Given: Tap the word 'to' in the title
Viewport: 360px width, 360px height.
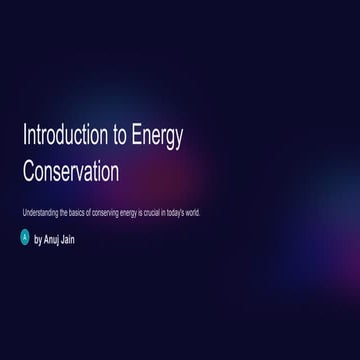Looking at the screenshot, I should click(116, 137).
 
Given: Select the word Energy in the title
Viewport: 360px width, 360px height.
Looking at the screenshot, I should click(156, 138).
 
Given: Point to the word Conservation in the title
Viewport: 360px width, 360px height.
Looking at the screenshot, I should click(70, 171).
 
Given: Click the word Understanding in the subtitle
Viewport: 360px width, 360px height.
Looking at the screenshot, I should click(38, 213).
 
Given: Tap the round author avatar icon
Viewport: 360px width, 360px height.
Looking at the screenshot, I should click(26, 238).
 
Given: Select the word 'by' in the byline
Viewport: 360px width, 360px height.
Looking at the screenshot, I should click(38, 239).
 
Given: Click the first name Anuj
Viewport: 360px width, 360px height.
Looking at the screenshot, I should click(52, 239).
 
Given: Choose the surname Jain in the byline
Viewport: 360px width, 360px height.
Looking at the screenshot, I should click(68, 239).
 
